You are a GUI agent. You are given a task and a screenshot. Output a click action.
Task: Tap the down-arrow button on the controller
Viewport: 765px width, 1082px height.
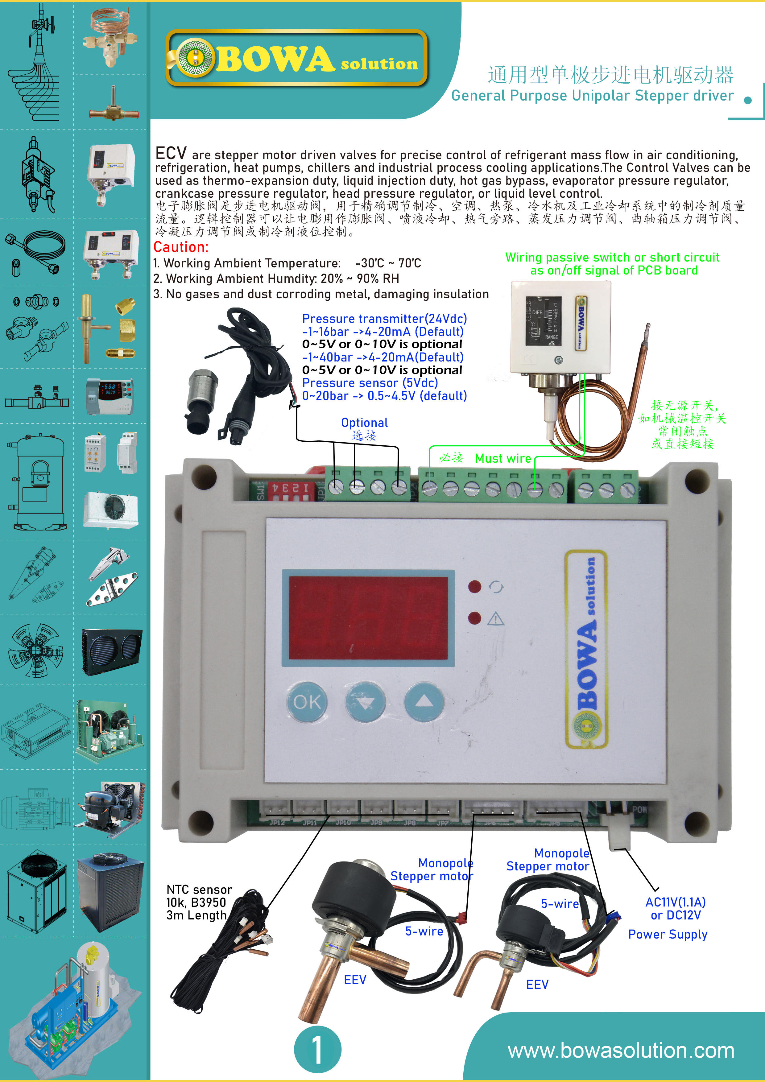pyautogui.click(x=365, y=703)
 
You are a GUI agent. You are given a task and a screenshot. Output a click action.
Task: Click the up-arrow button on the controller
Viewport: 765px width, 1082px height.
pyautogui.click(x=424, y=702)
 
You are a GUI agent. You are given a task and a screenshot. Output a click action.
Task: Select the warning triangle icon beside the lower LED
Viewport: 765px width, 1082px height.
pyautogui.click(x=495, y=619)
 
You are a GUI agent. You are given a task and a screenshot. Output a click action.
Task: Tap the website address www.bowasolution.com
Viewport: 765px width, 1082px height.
pyautogui.click(x=620, y=1051)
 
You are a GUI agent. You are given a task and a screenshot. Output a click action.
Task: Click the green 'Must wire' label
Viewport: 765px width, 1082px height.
pyautogui.click(x=502, y=458)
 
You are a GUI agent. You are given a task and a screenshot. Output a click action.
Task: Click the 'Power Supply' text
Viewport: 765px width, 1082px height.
pyautogui.click(x=668, y=934)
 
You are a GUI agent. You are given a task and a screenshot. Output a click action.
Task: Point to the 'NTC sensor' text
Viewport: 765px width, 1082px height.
pyautogui.click(x=199, y=889)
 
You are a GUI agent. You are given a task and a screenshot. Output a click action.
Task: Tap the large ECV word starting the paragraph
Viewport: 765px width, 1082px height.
pyautogui.click(x=171, y=154)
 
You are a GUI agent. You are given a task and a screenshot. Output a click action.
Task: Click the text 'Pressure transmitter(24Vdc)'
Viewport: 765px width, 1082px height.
pyautogui.click(x=384, y=319)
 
